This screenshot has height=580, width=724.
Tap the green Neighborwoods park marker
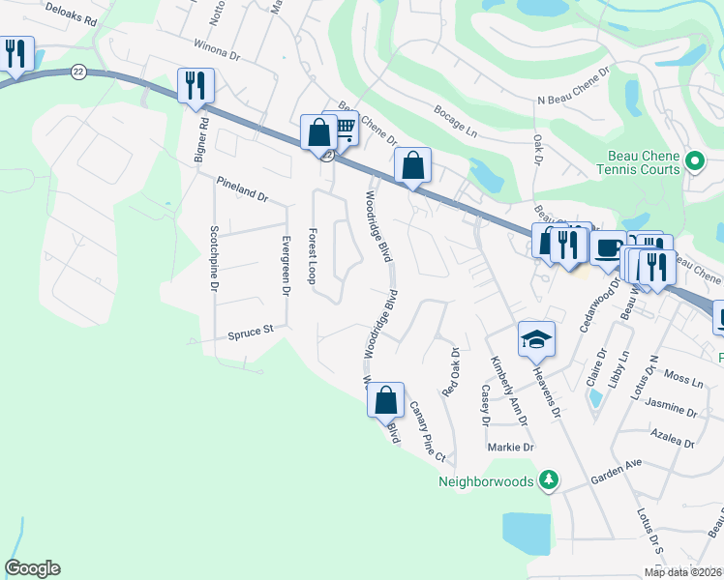point(550,479)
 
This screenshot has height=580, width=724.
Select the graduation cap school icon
point(536,338)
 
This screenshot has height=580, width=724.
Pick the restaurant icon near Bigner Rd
point(196,85)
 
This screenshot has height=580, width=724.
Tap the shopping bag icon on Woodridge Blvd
point(385,398)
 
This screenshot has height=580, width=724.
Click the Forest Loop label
point(312,256)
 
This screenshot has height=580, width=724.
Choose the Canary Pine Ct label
point(427,431)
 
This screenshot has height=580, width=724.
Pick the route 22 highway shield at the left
point(77,72)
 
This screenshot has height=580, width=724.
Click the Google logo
point(32,568)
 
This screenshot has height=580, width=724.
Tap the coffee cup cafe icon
point(607,247)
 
